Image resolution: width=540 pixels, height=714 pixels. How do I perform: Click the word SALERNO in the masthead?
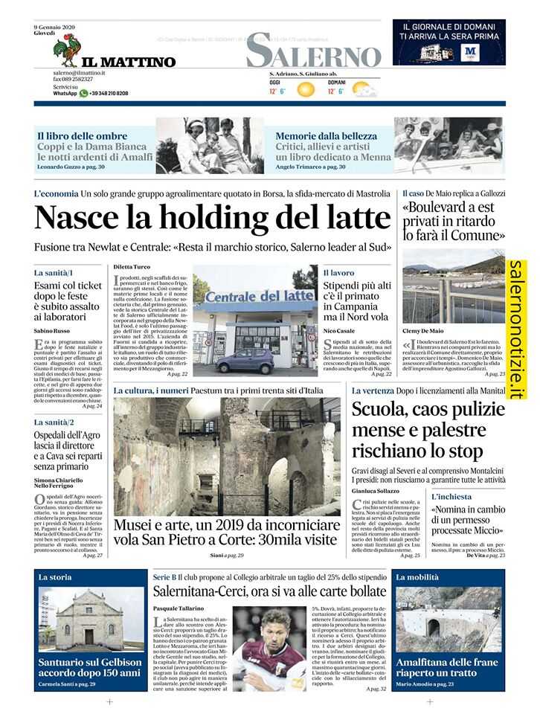313,51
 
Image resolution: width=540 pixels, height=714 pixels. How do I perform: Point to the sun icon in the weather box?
306,90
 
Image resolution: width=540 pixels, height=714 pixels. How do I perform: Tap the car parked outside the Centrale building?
245,361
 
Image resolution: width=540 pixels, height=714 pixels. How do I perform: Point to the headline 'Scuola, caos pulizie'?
428,408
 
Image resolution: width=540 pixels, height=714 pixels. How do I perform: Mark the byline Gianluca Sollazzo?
377,492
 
